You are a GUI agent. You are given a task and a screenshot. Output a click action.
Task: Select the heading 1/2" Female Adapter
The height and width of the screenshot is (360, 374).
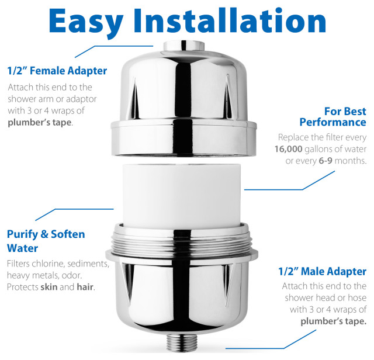tap(57, 71)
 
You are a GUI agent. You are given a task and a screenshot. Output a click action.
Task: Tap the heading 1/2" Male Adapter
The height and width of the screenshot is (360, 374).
tap(321, 271)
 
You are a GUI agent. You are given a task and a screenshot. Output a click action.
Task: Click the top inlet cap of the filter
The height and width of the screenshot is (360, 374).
tap(186, 49)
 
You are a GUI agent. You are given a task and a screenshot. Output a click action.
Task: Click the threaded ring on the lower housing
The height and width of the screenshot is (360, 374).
tap(186, 240)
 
